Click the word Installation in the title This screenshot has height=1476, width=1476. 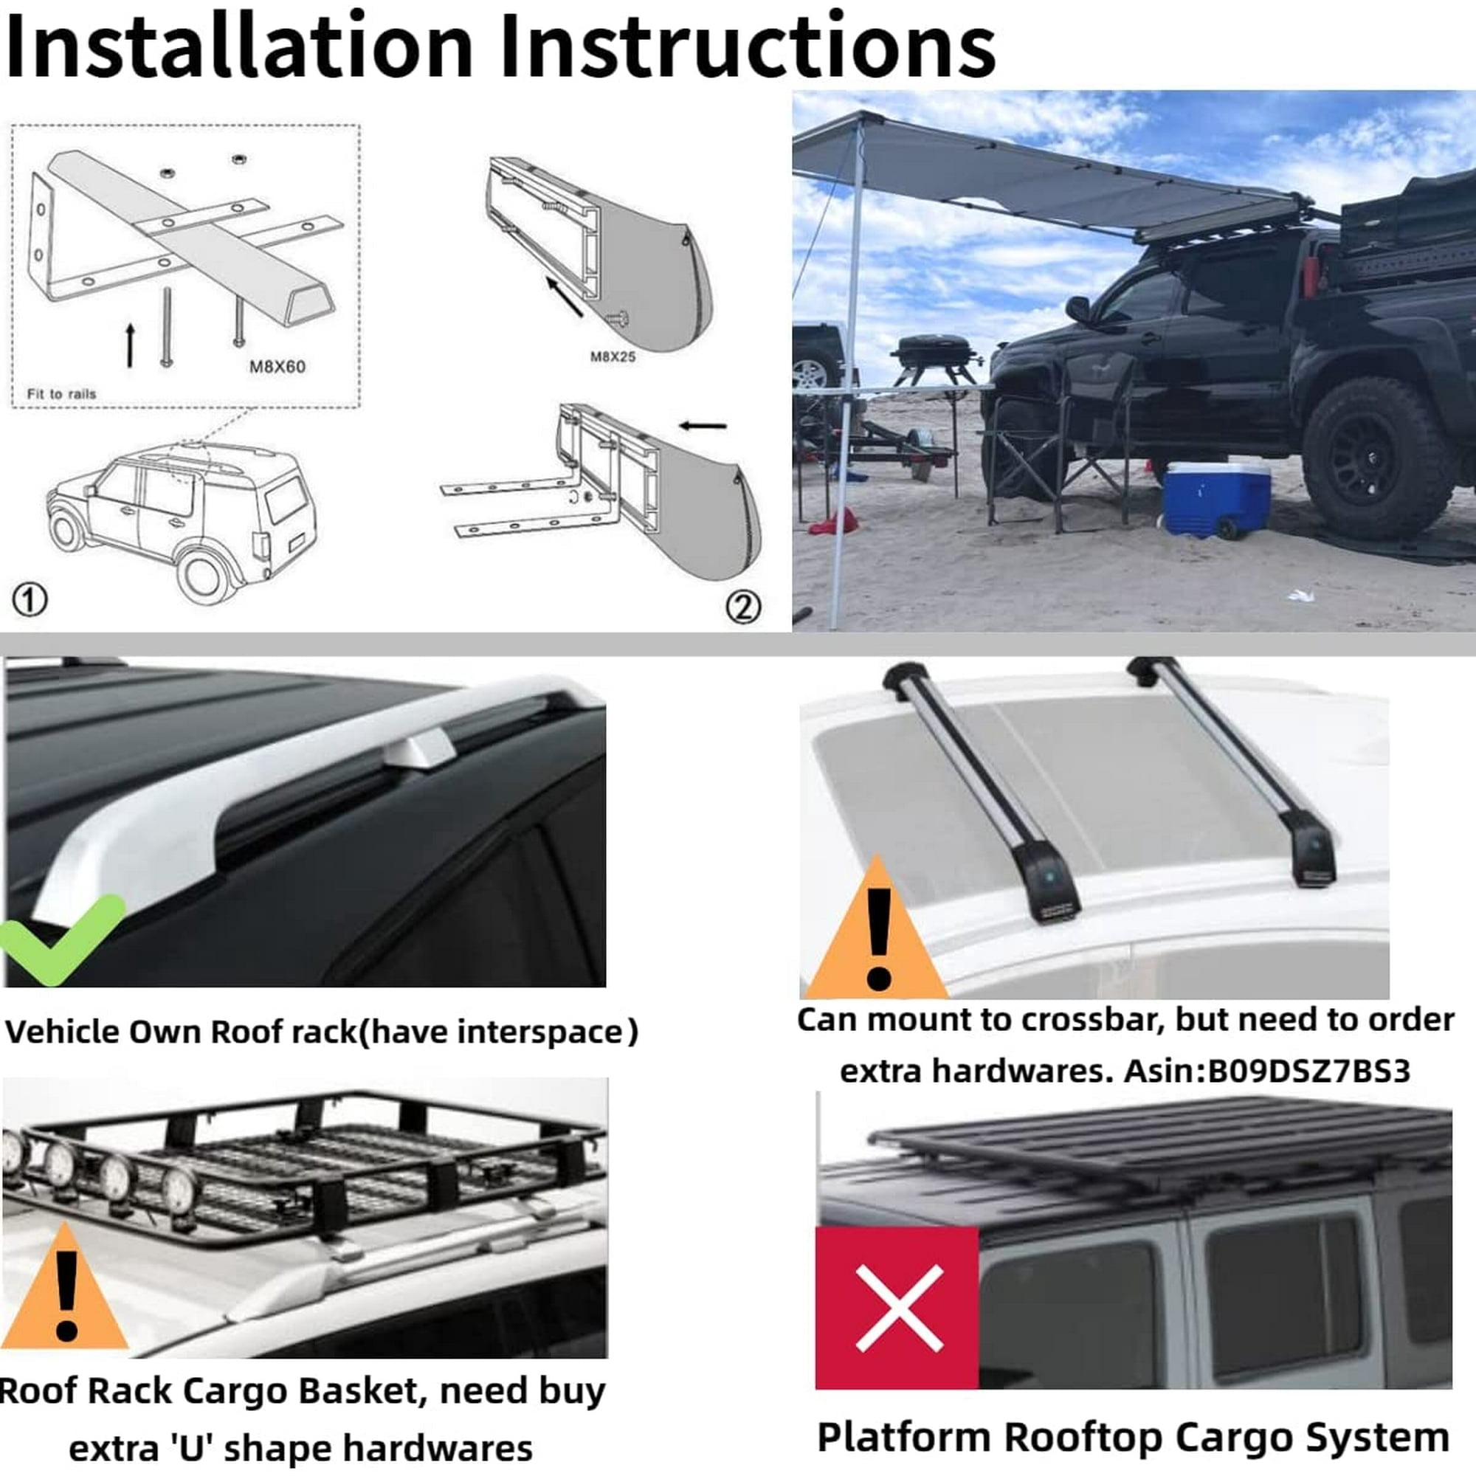(x=239, y=46)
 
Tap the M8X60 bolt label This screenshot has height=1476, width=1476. (x=277, y=367)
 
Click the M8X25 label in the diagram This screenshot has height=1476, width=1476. (x=613, y=356)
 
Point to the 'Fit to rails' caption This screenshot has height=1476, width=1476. (x=61, y=394)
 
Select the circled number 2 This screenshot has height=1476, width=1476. (x=742, y=607)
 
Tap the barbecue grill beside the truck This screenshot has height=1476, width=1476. (x=935, y=360)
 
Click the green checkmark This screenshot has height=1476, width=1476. (x=61, y=939)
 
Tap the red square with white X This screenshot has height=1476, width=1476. (x=897, y=1307)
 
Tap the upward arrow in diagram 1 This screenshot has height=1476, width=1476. (x=131, y=345)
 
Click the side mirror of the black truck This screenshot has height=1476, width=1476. (x=1078, y=308)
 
